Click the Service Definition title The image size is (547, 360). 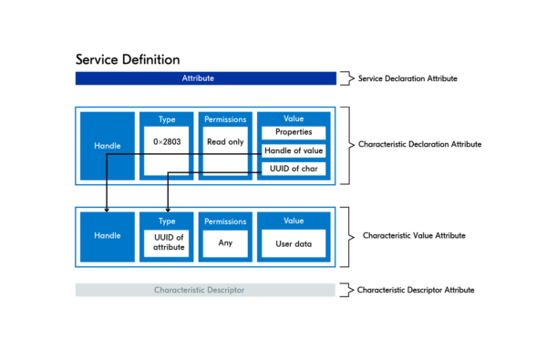pyautogui.click(x=127, y=59)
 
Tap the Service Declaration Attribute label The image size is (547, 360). pyautogui.click(x=408, y=78)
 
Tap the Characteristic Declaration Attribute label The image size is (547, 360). pyautogui.click(x=419, y=144)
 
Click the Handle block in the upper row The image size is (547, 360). pyautogui.click(x=107, y=145)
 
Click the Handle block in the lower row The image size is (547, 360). pyautogui.click(x=107, y=235)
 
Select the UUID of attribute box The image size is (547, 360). pyautogui.click(x=166, y=242)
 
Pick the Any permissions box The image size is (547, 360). pyautogui.click(x=225, y=243)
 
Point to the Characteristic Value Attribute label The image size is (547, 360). pyautogui.click(x=414, y=235)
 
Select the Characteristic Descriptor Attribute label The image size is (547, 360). pyautogui.click(x=415, y=290)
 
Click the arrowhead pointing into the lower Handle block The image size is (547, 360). pyautogui.click(x=107, y=209)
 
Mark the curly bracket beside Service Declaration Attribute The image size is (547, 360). pyautogui.click(x=344, y=78)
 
